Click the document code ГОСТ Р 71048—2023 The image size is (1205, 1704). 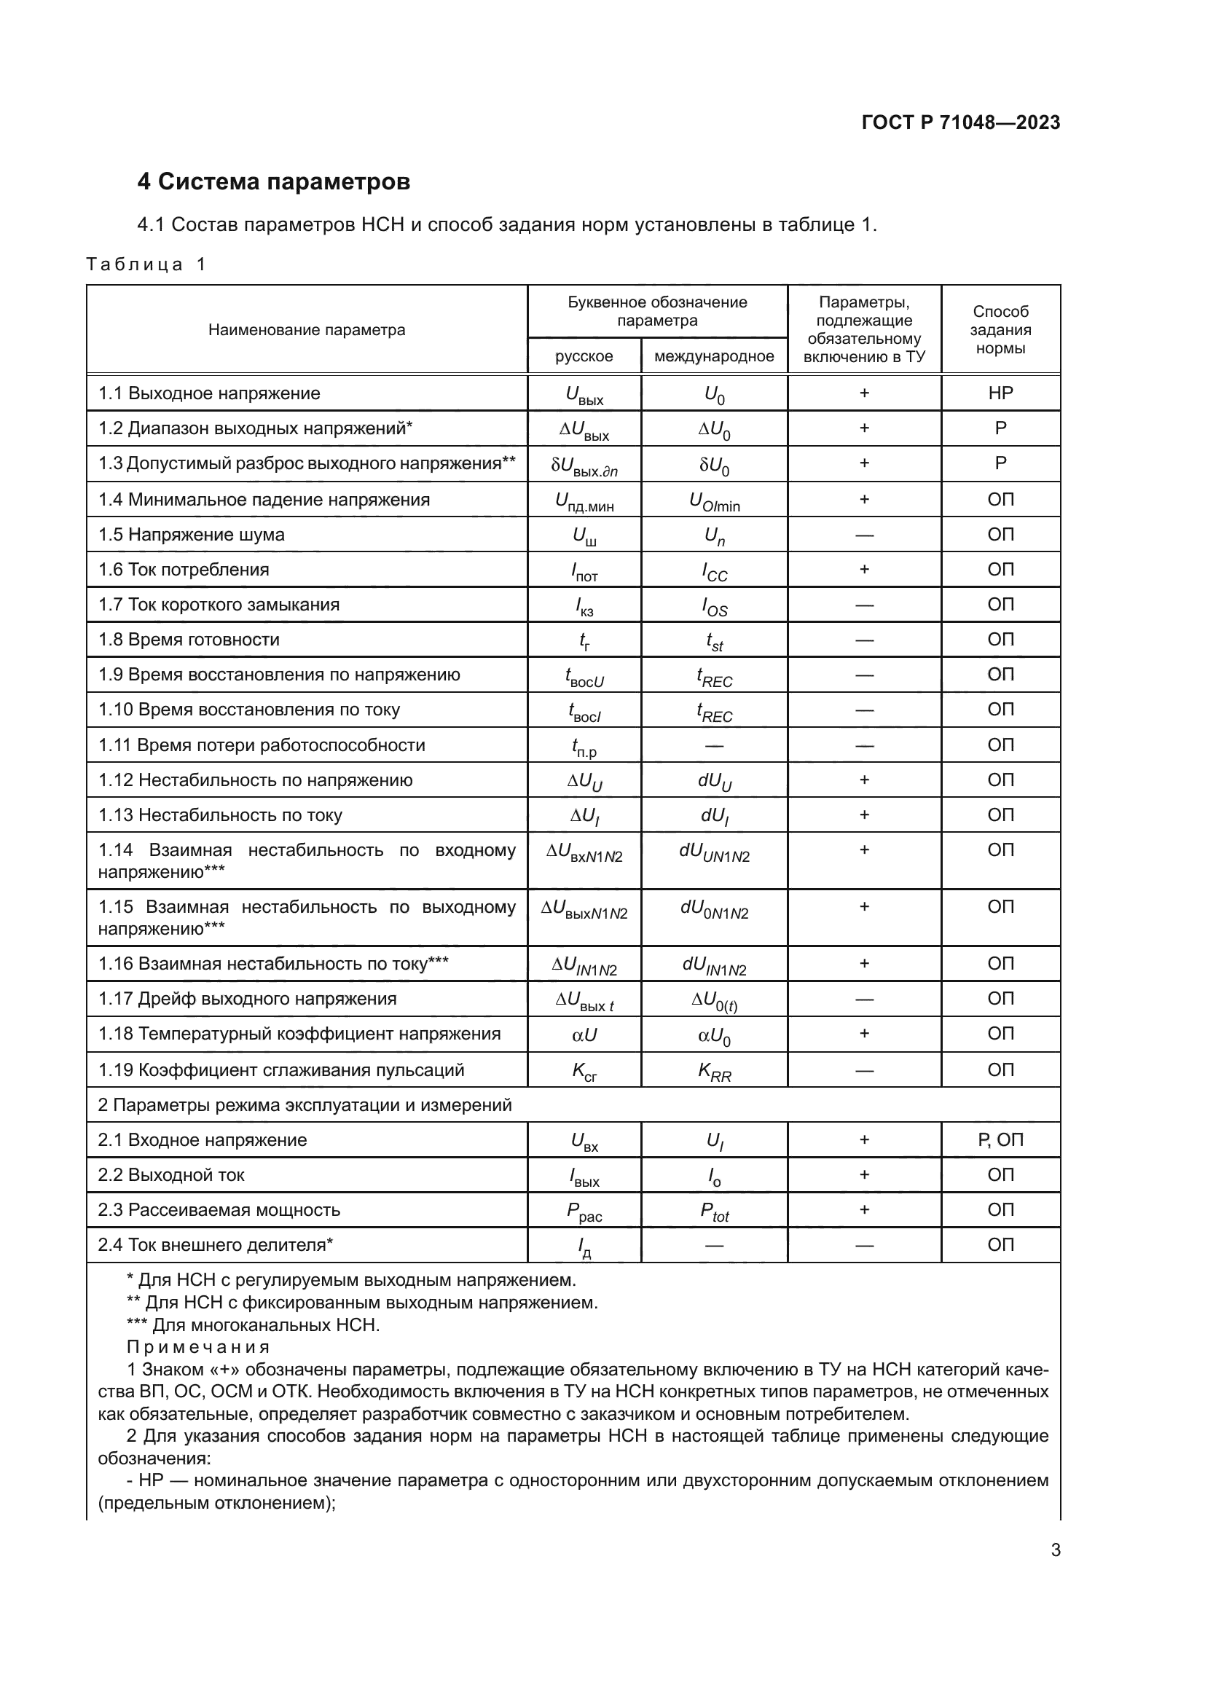[x=960, y=122]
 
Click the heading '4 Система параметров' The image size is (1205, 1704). [x=273, y=182]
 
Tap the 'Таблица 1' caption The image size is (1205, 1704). [x=146, y=264]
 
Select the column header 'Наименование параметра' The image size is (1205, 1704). [x=307, y=330]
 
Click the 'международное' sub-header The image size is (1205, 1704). [x=713, y=356]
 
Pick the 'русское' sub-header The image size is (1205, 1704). [x=584, y=356]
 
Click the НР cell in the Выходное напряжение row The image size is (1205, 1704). [x=1000, y=393]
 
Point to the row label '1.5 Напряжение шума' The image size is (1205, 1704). [x=192, y=534]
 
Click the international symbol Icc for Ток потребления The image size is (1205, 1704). [x=715, y=570]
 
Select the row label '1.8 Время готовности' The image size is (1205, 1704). [x=189, y=640]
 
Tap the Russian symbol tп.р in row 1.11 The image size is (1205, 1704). [x=584, y=747]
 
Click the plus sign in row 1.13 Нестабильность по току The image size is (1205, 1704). [x=864, y=815]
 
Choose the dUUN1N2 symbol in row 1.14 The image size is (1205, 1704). [x=714, y=852]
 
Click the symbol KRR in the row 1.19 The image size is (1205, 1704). [x=714, y=1071]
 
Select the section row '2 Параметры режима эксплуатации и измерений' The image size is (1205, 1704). [x=305, y=1105]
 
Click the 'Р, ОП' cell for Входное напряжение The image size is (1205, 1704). [x=1000, y=1140]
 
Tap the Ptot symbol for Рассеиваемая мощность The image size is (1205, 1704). [x=714, y=1212]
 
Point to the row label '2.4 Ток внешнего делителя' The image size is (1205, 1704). [x=215, y=1244]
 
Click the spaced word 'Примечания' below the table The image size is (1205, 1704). [x=198, y=1347]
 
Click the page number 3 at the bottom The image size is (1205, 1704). [x=1055, y=1550]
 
